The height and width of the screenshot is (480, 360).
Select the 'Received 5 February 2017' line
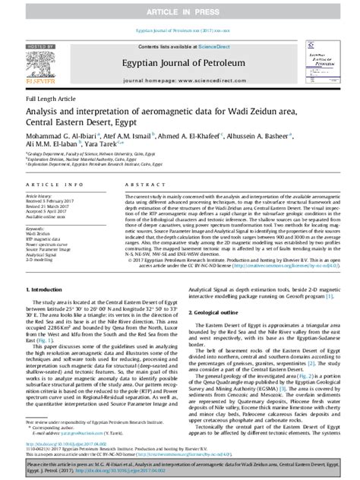54,199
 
